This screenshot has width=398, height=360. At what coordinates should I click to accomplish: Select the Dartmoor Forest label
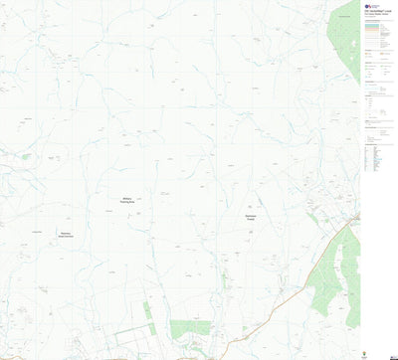251,218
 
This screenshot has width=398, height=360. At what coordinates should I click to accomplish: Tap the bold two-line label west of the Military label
66,236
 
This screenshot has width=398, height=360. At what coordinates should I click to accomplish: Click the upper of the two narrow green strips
146,310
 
